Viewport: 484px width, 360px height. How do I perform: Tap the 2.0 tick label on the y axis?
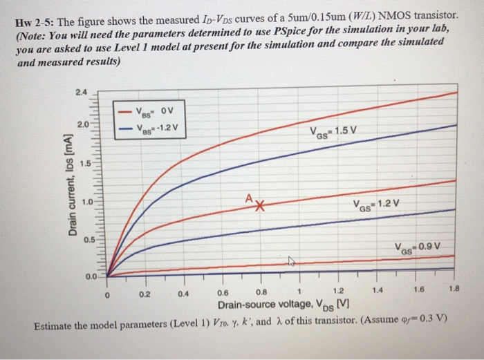(83, 125)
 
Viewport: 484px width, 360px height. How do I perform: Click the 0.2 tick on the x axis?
(143, 292)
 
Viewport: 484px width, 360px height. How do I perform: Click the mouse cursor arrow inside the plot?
(292, 261)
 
